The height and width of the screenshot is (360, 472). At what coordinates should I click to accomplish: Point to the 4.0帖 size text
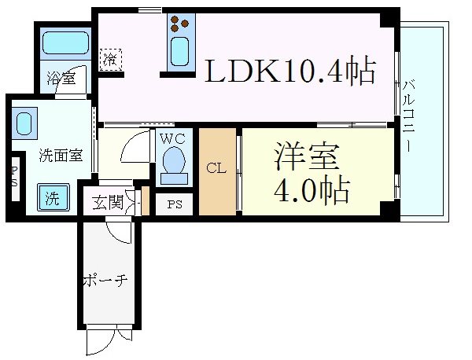pos(312,190)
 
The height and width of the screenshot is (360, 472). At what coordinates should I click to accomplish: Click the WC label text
pos(171,138)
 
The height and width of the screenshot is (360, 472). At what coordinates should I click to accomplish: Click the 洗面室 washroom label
pos(60,155)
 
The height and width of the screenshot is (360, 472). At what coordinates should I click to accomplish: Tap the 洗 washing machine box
pos(51,197)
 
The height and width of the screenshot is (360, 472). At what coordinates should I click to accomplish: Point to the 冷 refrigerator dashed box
pos(111,60)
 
